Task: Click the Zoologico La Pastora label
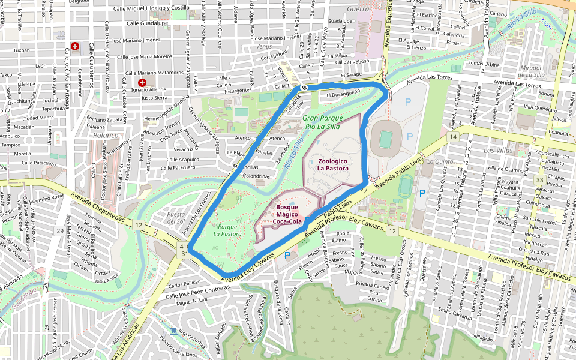333,165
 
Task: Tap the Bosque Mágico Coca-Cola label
287,214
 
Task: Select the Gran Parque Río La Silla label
322,122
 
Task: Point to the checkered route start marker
305,88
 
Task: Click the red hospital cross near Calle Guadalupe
75,46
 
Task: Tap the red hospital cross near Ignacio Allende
142,82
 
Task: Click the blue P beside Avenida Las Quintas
422,193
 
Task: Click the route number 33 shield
540,180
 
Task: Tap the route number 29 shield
60,231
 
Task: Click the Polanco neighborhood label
106,136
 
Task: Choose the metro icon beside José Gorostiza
174,331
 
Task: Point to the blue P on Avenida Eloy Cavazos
287,255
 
